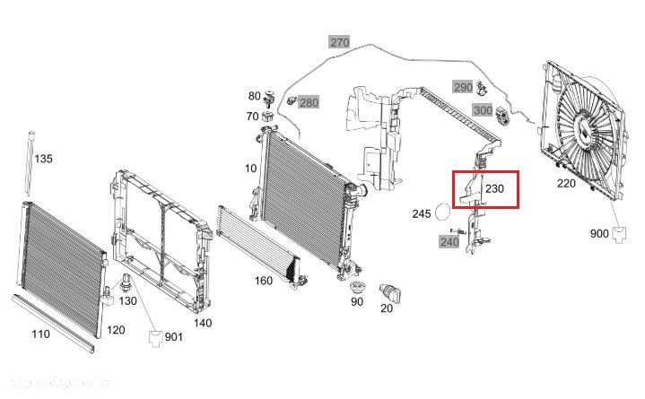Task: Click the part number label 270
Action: [339, 42]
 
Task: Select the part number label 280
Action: [308, 103]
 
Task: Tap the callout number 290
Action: [461, 87]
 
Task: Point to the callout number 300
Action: [483, 110]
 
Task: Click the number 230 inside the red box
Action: [495, 190]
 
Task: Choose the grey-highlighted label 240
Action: [449, 241]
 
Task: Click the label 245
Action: [422, 214]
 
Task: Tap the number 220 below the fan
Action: [566, 184]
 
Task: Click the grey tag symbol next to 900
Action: [620, 235]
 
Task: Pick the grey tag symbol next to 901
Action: [154, 338]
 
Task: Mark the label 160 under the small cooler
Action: [263, 281]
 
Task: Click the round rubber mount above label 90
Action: [357, 289]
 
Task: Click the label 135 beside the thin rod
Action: [43, 159]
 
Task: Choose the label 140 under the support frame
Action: [203, 323]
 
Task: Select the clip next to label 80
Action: [267, 97]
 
